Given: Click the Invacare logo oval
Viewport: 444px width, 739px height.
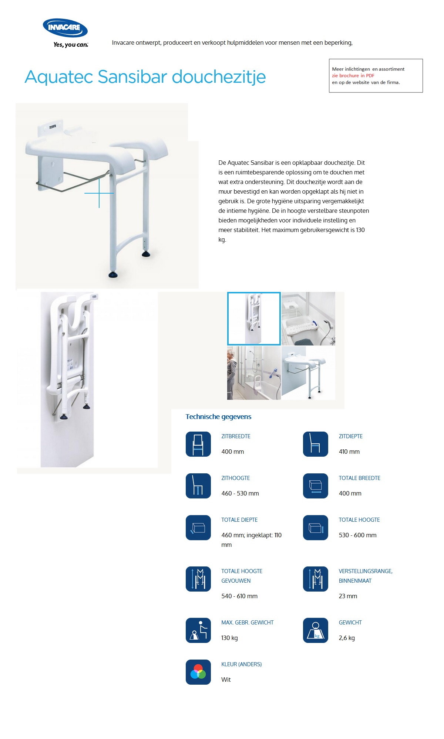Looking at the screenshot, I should click(65, 28).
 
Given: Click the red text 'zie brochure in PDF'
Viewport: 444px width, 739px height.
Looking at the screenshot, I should click(353, 75).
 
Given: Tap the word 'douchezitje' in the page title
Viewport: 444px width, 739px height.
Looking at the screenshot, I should click(219, 77).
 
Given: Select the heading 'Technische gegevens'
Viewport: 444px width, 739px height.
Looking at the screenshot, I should click(218, 417).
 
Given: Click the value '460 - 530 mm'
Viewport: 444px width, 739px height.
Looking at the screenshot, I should click(240, 493).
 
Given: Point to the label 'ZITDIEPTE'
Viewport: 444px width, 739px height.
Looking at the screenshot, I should click(350, 436).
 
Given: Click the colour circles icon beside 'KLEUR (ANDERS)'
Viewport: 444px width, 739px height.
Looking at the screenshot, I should click(198, 672).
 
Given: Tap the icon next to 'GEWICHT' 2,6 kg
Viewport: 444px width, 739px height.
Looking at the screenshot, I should click(316, 630).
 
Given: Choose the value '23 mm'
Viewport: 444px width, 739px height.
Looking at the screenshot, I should click(348, 596).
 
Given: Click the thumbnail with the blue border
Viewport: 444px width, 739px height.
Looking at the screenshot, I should click(254, 319).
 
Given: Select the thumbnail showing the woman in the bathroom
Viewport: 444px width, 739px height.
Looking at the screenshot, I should click(254, 373).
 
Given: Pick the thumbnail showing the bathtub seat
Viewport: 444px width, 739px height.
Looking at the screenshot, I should click(308, 319).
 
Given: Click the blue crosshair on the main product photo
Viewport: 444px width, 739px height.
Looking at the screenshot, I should click(99, 193).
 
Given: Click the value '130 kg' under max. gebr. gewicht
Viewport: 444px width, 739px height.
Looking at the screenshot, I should click(229, 638).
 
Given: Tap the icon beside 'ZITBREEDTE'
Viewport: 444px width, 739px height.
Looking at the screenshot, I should click(198, 444).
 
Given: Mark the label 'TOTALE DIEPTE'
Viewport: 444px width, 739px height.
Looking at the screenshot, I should click(239, 520).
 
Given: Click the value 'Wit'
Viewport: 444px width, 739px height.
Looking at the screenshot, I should click(226, 680).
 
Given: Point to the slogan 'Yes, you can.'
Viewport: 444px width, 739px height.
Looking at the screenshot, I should click(71, 45).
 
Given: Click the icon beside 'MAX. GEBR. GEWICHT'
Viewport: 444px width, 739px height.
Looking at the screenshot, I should click(198, 630).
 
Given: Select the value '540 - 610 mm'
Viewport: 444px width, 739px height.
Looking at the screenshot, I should click(239, 596).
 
